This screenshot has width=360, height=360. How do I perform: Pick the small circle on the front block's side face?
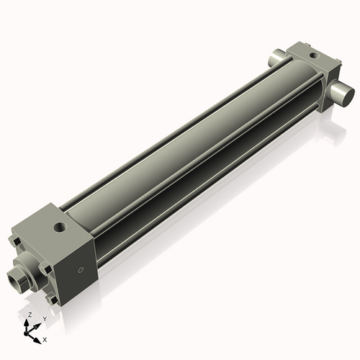(x=81, y=270)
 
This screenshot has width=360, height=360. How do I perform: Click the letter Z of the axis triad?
(x=29, y=315)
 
